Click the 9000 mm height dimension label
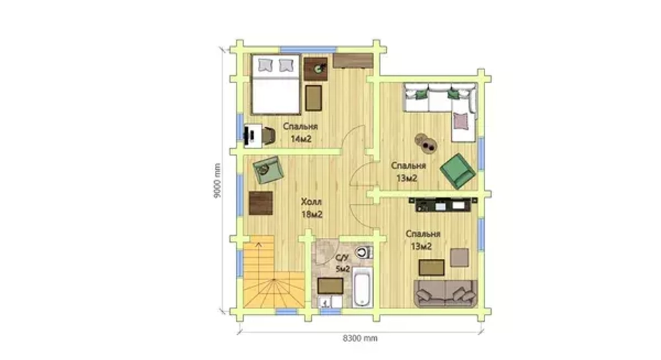tap(217, 181)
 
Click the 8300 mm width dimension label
tap(360, 338)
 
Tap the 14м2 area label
tap(301, 139)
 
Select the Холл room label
tap(311, 202)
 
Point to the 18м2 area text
tap(312, 215)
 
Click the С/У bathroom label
tap(342, 258)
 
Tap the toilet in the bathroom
tap(363, 252)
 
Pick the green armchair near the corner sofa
tap(457, 171)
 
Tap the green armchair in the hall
tap(268, 170)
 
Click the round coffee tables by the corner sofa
tap(426, 142)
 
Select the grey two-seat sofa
tap(446, 293)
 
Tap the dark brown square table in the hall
tap(260, 203)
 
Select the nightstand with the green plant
tap(316, 69)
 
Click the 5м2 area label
tap(342, 270)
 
